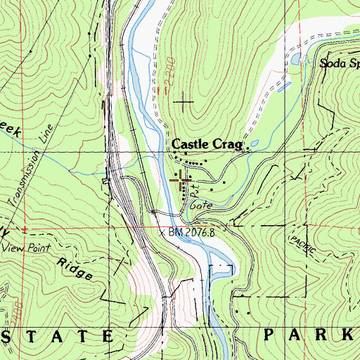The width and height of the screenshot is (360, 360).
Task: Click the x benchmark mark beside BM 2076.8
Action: pos(162,231)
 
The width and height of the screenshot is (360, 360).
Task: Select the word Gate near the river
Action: pos(200,206)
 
